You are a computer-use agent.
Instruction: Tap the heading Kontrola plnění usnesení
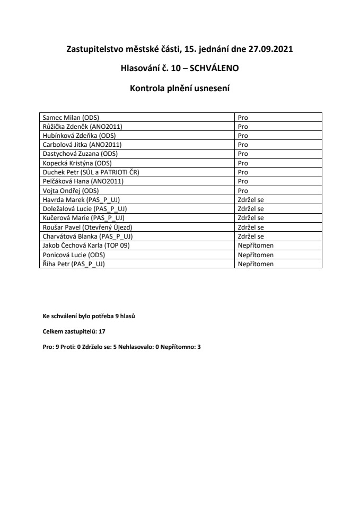coord(180,87)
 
